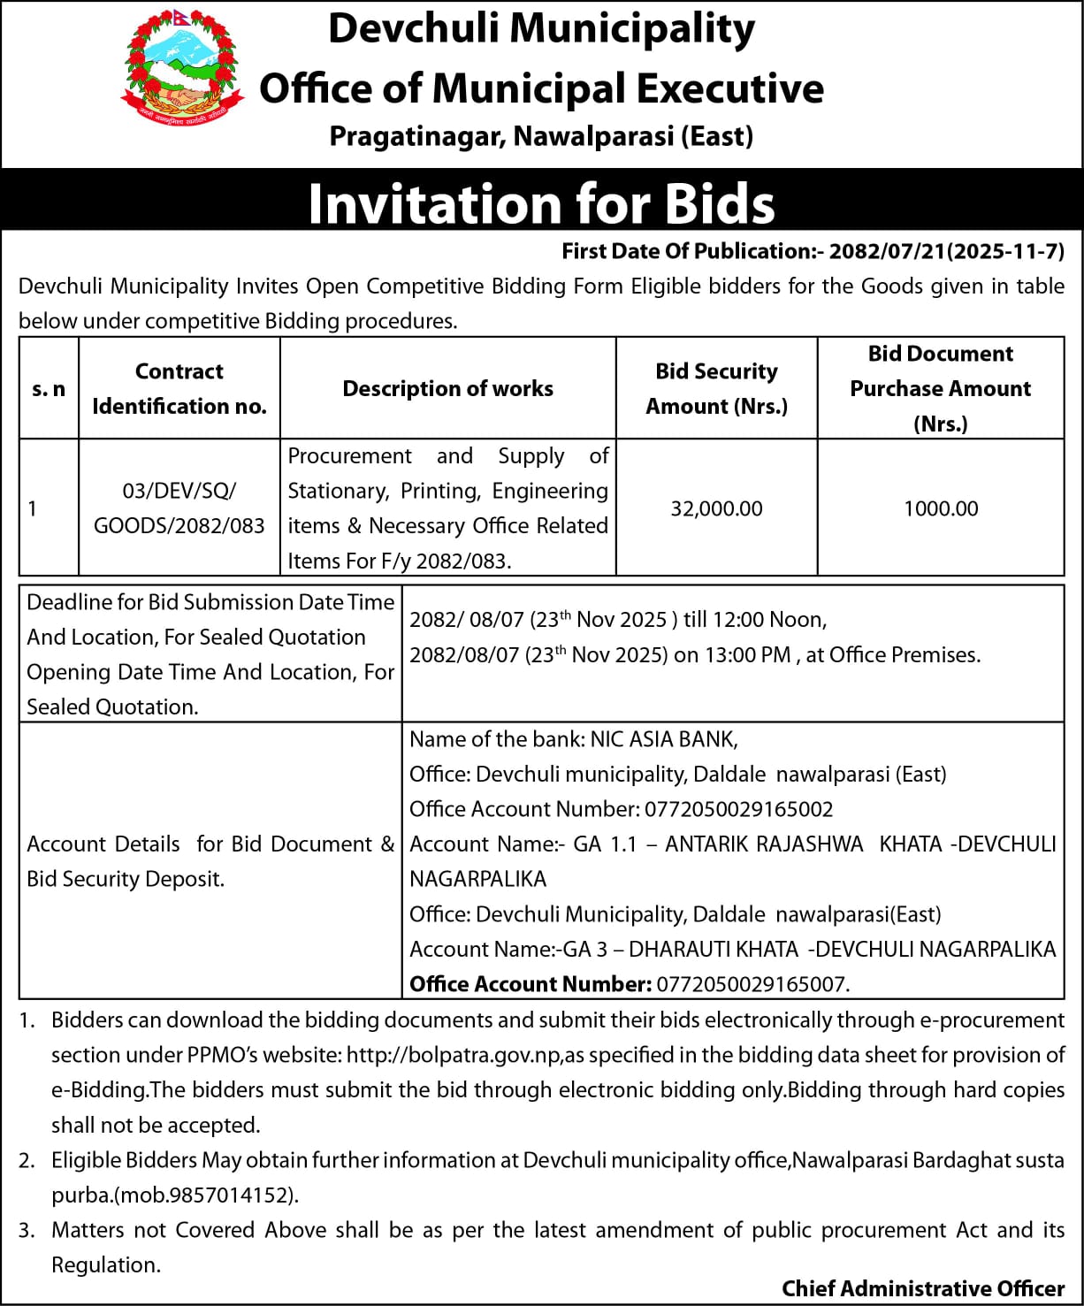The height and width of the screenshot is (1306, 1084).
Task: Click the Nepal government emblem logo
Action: [181, 68]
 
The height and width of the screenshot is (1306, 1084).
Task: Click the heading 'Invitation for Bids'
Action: [541, 203]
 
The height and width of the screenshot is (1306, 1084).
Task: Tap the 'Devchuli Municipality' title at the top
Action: [541, 28]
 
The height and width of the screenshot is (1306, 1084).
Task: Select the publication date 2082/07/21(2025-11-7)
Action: [946, 251]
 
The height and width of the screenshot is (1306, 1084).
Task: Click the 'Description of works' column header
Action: [447, 388]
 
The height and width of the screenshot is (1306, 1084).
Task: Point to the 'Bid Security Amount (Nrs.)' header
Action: [716, 388]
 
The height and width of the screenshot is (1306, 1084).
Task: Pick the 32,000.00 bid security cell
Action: [716, 508]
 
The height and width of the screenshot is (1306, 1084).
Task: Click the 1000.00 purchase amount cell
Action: [941, 508]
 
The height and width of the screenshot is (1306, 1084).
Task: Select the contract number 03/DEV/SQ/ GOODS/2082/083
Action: [179, 508]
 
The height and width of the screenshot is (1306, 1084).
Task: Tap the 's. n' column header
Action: [49, 388]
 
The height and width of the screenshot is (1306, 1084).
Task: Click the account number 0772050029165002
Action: [738, 809]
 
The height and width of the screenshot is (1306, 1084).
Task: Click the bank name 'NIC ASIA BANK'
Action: [663, 739]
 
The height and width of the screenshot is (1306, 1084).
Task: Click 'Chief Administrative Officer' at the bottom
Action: [923, 1288]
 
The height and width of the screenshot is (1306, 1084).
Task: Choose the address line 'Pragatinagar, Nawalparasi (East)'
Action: [541, 136]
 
